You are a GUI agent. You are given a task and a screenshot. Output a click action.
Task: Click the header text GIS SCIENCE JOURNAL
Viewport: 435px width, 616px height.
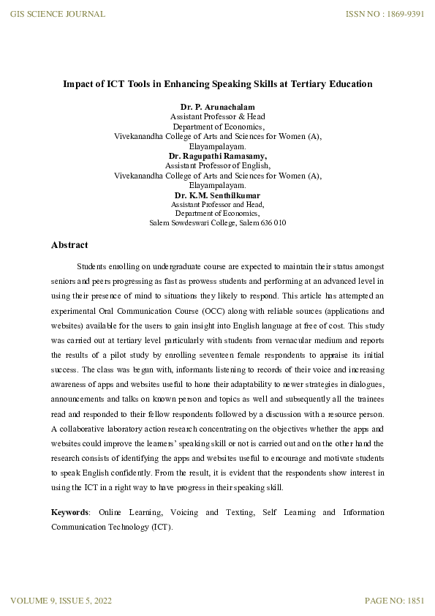click(57, 14)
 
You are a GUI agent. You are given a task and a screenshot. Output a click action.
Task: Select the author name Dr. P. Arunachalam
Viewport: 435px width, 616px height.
click(217, 108)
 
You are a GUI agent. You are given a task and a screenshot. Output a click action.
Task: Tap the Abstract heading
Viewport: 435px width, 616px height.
click(69, 245)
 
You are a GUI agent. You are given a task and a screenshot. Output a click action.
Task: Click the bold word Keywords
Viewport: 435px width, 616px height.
click(69, 512)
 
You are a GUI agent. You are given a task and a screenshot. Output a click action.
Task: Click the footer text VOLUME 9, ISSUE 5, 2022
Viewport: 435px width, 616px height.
click(61, 601)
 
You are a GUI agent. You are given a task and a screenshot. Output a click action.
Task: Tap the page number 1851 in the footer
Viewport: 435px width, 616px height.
click(412, 601)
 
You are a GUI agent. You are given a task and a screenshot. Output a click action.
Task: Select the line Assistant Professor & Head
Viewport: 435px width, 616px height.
click(217, 117)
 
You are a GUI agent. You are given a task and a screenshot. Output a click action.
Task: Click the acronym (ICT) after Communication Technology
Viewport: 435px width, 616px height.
click(161, 526)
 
